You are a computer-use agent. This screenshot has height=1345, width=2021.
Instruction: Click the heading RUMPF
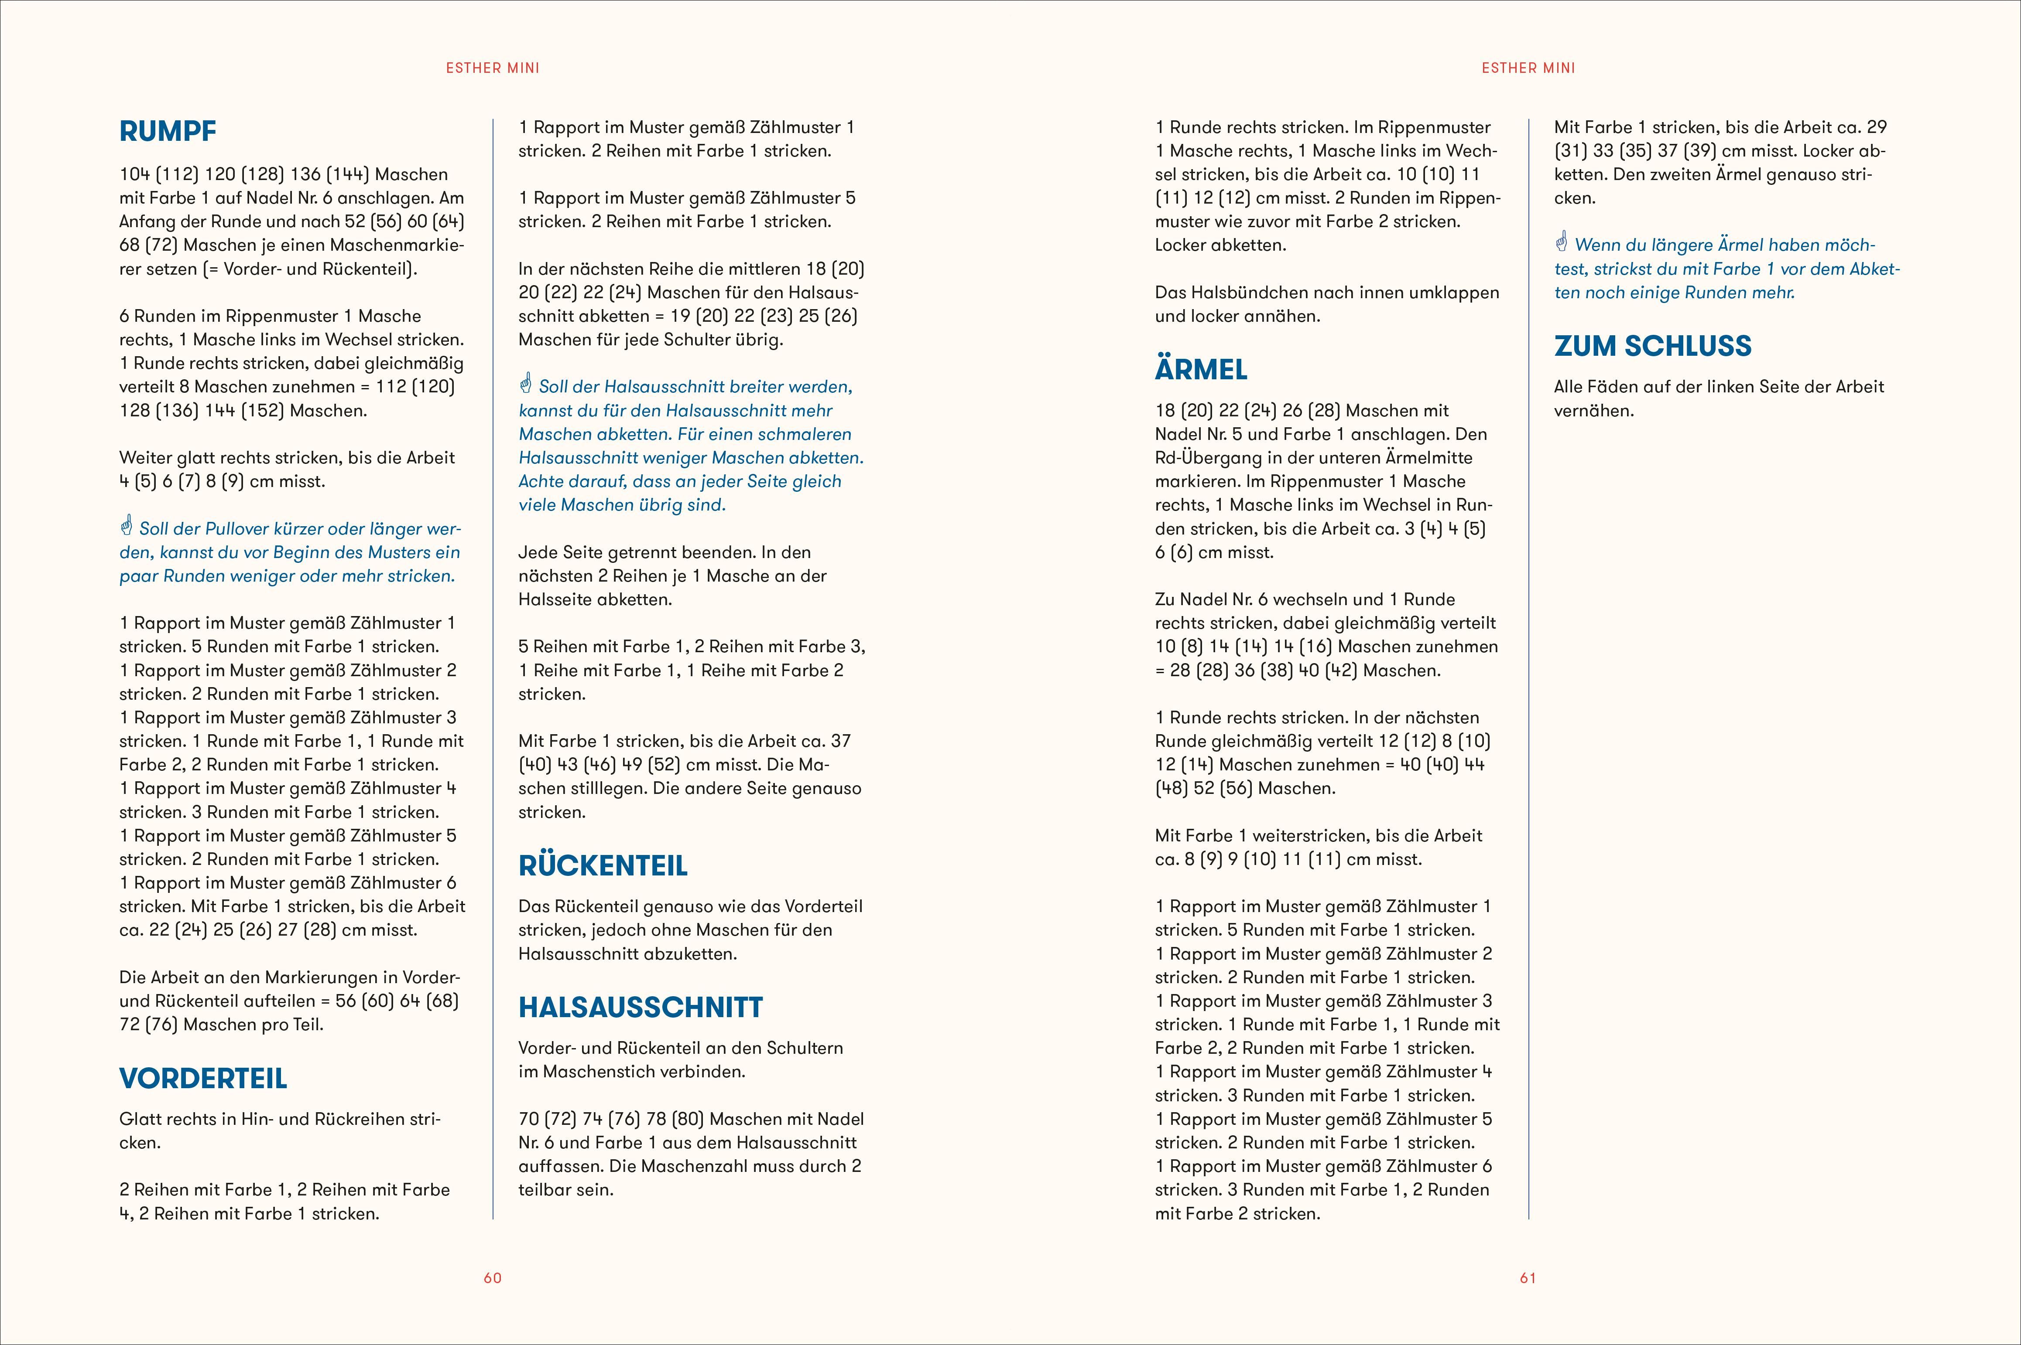[168, 131]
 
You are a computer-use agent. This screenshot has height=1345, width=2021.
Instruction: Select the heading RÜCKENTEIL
[603, 865]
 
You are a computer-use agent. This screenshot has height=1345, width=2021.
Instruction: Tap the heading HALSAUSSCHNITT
[640, 1007]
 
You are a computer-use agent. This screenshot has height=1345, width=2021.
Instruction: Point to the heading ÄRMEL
[1201, 370]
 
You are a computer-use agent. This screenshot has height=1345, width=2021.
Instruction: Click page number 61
[1528, 1278]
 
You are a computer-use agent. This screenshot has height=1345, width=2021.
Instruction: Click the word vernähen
[1593, 411]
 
